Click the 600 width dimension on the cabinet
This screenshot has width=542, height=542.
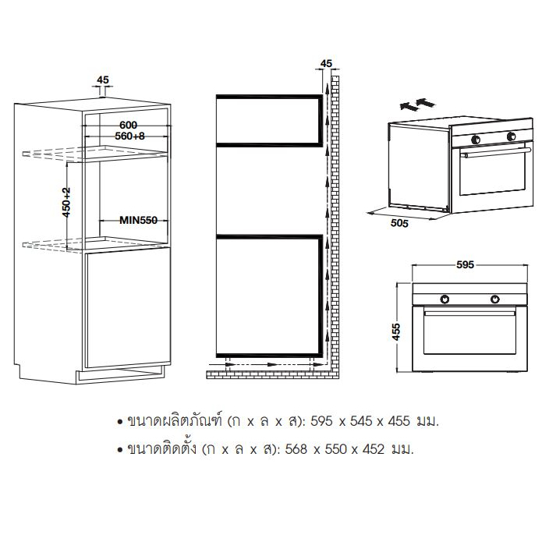pos(128,125)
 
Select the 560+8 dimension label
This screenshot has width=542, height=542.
pos(129,136)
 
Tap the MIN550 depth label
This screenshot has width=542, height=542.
pos(138,220)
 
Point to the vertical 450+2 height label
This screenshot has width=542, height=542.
pos(66,202)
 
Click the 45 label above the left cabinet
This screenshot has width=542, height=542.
pos(103,80)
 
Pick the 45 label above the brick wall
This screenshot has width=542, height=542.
pos(326,64)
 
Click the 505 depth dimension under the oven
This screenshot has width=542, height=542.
pos(399,223)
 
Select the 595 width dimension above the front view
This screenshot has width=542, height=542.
pos(465,265)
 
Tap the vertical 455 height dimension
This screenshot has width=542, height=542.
pos(396,332)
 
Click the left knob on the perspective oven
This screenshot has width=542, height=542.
pos(476,140)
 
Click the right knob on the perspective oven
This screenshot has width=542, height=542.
pos(512,136)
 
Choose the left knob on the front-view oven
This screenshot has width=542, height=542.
pos(445,299)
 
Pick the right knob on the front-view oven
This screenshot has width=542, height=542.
pos(495,299)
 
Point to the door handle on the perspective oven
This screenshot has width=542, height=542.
pos(497,152)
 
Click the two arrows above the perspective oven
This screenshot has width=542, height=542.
pos(417,104)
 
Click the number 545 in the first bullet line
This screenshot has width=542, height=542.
pos(361,421)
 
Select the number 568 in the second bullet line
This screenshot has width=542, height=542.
pos(296,449)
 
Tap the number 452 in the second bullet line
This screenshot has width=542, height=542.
pos(374,449)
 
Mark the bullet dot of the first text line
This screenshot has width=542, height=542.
pos(120,422)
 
